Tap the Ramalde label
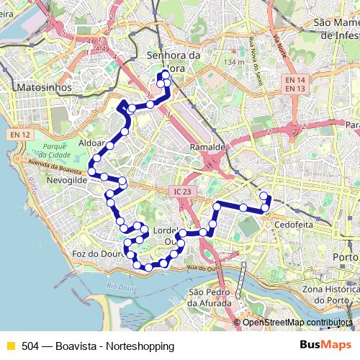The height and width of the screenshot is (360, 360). point(207,146)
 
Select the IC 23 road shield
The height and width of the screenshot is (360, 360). point(182,192)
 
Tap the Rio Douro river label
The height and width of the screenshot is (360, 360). point(121,287)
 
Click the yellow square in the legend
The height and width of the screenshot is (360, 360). point(10,346)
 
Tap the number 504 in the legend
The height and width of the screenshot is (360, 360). point(30,346)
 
